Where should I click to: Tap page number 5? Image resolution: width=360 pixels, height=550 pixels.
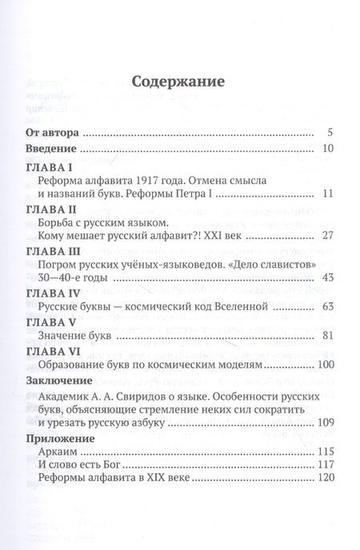pos(330,132)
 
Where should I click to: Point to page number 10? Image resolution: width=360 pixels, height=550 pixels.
pos(326,149)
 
